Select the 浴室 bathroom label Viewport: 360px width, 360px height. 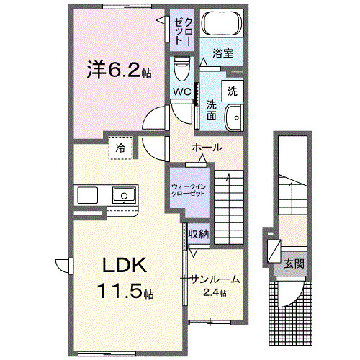[x=222, y=53]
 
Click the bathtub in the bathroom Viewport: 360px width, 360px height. [x=220, y=25]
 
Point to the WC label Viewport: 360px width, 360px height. [x=181, y=92]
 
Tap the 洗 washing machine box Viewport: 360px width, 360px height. [x=233, y=91]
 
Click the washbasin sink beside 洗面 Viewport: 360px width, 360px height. [x=233, y=116]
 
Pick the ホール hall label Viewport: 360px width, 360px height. [x=207, y=147]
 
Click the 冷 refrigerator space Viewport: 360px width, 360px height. [x=120, y=148]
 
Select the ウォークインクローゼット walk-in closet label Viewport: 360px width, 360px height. [x=189, y=191]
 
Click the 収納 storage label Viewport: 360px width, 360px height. [x=198, y=233]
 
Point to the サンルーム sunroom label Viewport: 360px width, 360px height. [x=215, y=279]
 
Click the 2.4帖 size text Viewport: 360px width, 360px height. [x=214, y=293]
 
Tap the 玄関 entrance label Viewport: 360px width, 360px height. [x=293, y=264]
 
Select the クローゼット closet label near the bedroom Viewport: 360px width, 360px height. [x=182, y=30]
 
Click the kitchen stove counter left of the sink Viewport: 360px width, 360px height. [x=88, y=195]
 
